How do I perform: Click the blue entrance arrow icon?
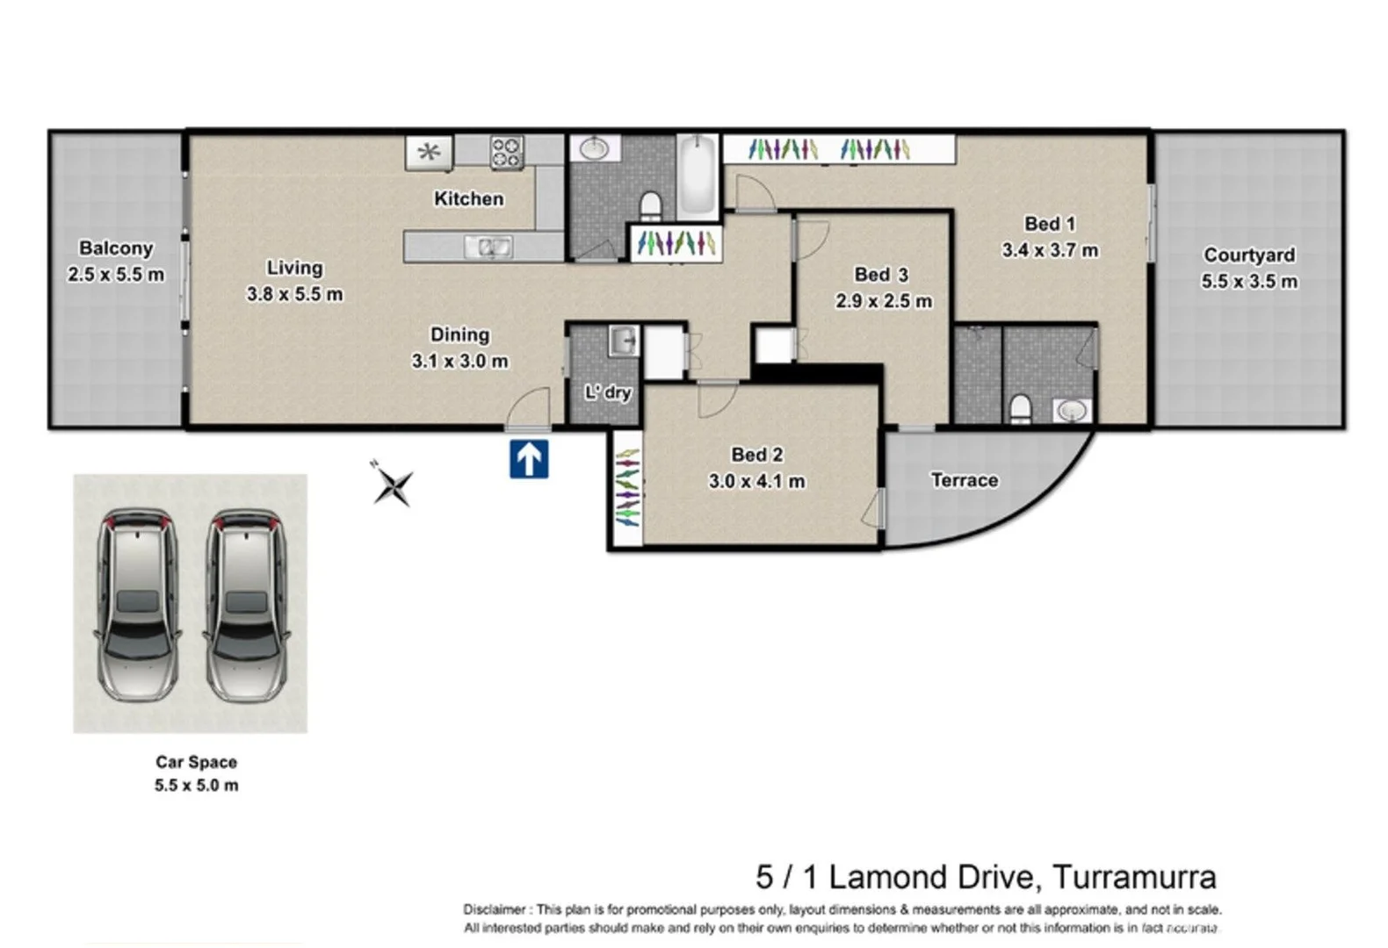coord(529,459)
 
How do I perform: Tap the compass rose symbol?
coord(393,485)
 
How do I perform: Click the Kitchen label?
coord(469,199)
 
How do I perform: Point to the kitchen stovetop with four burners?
coord(506,152)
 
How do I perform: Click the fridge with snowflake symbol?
coord(429,153)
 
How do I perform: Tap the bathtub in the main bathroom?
coord(698,176)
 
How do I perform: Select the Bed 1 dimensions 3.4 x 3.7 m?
coord(1050,250)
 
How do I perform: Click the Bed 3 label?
coord(881,275)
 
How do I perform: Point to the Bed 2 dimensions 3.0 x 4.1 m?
coord(757,481)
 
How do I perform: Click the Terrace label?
coord(965,480)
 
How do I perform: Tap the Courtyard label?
coord(1249,255)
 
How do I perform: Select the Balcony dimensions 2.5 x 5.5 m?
coord(116,275)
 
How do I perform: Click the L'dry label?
coord(608,392)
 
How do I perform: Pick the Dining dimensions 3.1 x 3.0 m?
coord(459,361)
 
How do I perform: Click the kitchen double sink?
coord(488,248)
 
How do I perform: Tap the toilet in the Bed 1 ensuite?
coord(1021,407)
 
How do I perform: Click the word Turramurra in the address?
coord(1134,877)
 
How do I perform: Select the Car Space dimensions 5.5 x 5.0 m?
coord(196,786)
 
